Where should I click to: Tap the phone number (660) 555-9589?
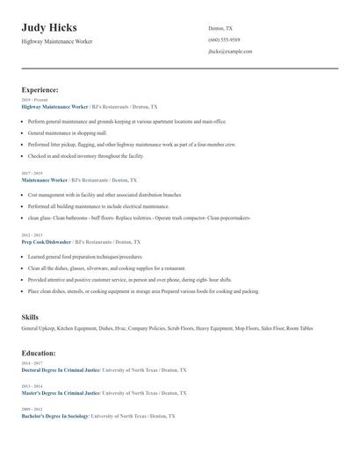coord(224,40)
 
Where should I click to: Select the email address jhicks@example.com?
coord(230,52)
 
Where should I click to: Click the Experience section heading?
coord(40,89)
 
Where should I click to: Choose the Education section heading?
coord(39,353)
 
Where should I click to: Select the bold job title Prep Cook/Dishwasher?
coord(46,241)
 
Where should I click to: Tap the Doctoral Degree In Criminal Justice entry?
coord(61,370)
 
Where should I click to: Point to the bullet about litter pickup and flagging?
coord(132,143)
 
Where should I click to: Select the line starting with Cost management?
coord(104,195)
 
